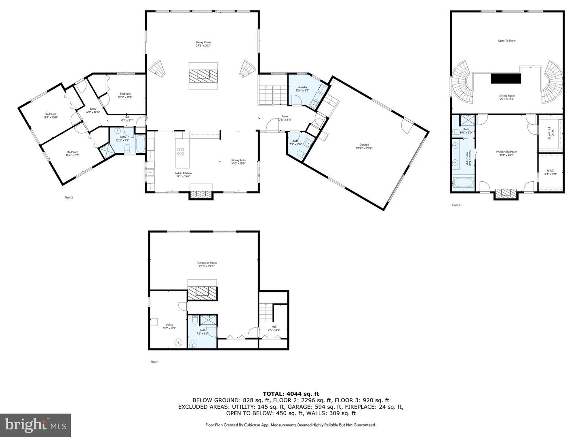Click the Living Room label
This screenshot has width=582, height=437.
[x=203, y=44]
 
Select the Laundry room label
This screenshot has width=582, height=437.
[x=302, y=89]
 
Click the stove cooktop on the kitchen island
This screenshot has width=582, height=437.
[x=180, y=152]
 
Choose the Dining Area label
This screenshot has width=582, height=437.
[x=238, y=161]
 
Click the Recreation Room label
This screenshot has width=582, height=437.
[x=207, y=264]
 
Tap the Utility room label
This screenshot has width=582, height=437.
[x=169, y=326]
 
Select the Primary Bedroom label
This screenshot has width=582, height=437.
[x=506, y=153]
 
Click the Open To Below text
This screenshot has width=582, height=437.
[x=506, y=41]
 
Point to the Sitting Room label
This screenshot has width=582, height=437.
[x=507, y=97]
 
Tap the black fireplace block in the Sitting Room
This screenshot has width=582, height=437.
[x=506, y=78]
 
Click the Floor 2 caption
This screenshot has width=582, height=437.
[x=69, y=197]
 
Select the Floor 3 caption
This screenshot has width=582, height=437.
[x=456, y=205]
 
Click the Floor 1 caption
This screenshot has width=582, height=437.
[x=154, y=362]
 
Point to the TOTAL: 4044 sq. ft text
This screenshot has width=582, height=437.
[x=291, y=393]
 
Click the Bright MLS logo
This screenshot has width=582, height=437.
[x=36, y=425]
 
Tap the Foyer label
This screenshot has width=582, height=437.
[x=285, y=118]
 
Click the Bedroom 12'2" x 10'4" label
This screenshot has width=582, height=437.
[x=125, y=95]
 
